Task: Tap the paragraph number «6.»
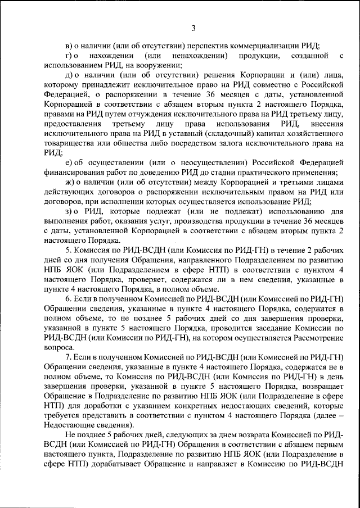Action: [69, 298]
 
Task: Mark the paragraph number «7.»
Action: [69, 356]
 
